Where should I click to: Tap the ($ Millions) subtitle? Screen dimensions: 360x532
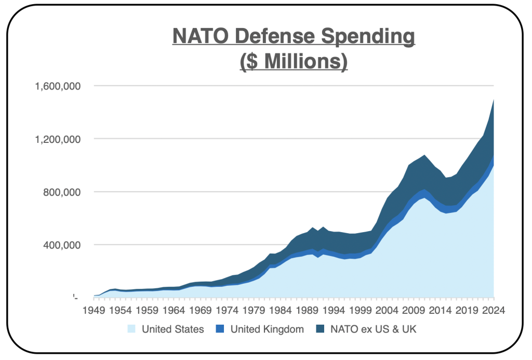coord(294,61)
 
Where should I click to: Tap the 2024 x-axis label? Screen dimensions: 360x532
coord(493,311)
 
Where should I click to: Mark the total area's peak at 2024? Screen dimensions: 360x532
coord(493,100)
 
